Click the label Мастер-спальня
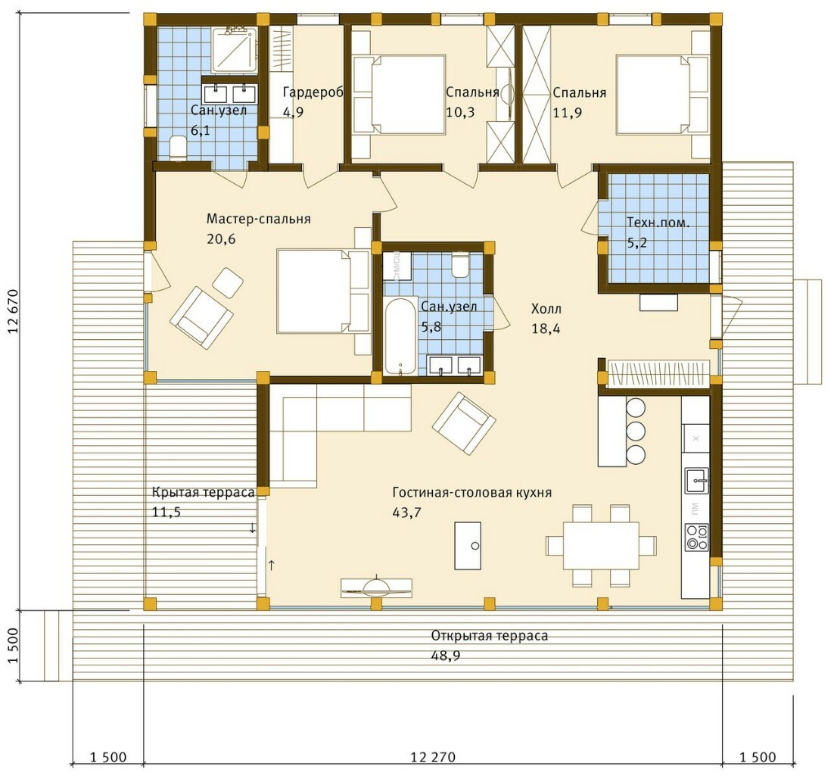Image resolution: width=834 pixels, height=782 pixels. (259, 220)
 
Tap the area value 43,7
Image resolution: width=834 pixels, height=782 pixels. (406, 513)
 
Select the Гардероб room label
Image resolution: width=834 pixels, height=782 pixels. (313, 92)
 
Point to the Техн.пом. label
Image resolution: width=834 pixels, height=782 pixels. (658, 223)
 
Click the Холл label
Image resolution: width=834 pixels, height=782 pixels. (546, 309)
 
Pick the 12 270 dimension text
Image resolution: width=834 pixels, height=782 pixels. (433, 756)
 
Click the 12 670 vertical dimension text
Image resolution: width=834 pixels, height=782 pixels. (14, 311)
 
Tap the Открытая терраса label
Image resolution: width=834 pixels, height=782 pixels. (490, 636)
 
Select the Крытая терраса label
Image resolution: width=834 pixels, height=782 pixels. (203, 492)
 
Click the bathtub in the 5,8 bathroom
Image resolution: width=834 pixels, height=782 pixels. (400, 337)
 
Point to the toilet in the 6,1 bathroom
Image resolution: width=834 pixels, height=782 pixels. (178, 148)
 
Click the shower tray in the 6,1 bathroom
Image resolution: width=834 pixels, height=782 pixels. (234, 49)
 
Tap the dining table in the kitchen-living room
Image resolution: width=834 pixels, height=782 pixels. (601, 545)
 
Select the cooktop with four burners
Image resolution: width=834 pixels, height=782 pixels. (696, 537)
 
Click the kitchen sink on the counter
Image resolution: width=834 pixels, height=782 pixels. (696, 481)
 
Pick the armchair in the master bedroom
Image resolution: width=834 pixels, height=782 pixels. (201, 318)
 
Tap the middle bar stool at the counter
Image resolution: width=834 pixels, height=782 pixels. (636, 431)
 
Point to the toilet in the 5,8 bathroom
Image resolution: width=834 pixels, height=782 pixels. (460, 264)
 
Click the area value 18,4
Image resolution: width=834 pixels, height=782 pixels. (546, 329)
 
